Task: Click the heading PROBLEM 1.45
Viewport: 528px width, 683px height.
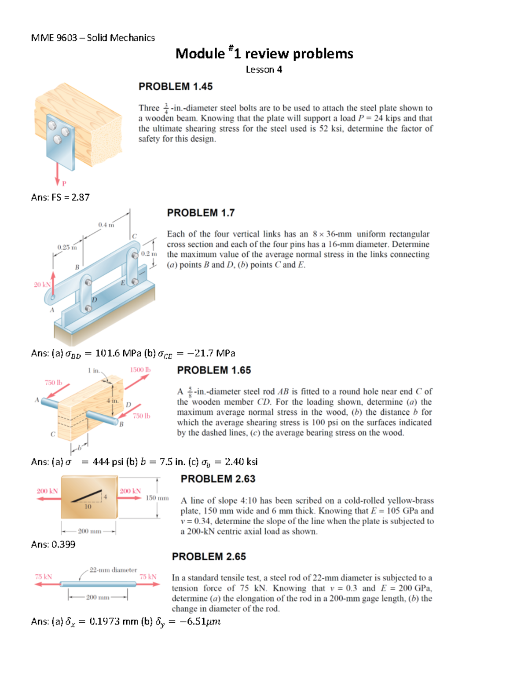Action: pyautogui.click(x=175, y=87)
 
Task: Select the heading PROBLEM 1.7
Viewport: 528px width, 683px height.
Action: pyautogui.click(x=201, y=213)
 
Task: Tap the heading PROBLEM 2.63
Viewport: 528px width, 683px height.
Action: pyautogui.click(x=218, y=479)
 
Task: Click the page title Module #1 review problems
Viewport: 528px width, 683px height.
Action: pyautogui.click(x=264, y=54)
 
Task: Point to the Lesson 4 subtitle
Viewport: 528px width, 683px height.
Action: pyautogui.click(x=264, y=69)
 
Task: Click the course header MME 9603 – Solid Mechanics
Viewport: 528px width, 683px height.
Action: pyautogui.click(x=93, y=38)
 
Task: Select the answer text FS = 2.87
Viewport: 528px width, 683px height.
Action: pyautogui.click(x=60, y=197)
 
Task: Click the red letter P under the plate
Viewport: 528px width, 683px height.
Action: pyautogui.click(x=64, y=183)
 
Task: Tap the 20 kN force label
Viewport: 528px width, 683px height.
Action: pyautogui.click(x=42, y=285)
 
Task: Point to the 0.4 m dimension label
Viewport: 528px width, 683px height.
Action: pyautogui.click(x=106, y=225)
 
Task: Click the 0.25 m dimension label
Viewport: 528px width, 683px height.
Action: pyautogui.click(x=67, y=247)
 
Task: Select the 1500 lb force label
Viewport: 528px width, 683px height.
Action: pyautogui.click(x=140, y=370)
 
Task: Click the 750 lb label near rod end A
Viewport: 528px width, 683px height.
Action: pyautogui.click(x=53, y=383)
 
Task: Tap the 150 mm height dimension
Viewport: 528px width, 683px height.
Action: pyautogui.click(x=157, y=498)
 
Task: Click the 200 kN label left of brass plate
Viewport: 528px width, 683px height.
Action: pyautogui.click(x=47, y=491)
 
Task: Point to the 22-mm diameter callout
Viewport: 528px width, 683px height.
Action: pyautogui.click(x=113, y=570)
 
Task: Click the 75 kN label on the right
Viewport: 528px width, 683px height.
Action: pyautogui.click(x=148, y=577)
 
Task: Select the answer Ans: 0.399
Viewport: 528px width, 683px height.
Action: pyautogui.click(x=53, y=544)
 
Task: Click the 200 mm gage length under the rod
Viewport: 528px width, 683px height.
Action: pyautogui.click(x=98, y=597)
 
